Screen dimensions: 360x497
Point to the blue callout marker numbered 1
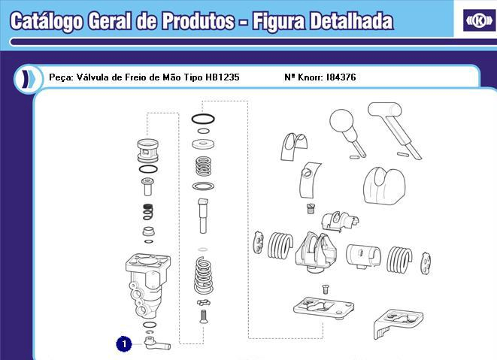(124, 343)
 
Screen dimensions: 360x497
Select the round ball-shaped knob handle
(342, 125)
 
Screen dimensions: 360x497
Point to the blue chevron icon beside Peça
(28, 78)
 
